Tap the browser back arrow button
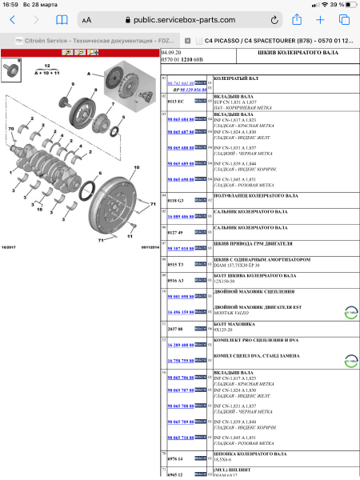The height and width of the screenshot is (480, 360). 12,19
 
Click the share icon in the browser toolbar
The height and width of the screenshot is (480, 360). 297,19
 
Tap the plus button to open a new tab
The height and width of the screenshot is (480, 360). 321,19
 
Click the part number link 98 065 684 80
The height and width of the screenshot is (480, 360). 180,118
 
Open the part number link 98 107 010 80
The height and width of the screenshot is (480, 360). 180,249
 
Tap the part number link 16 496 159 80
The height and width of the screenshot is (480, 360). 180,312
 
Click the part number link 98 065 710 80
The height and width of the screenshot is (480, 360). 180,438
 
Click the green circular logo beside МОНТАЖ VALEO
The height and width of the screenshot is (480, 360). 349,313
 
